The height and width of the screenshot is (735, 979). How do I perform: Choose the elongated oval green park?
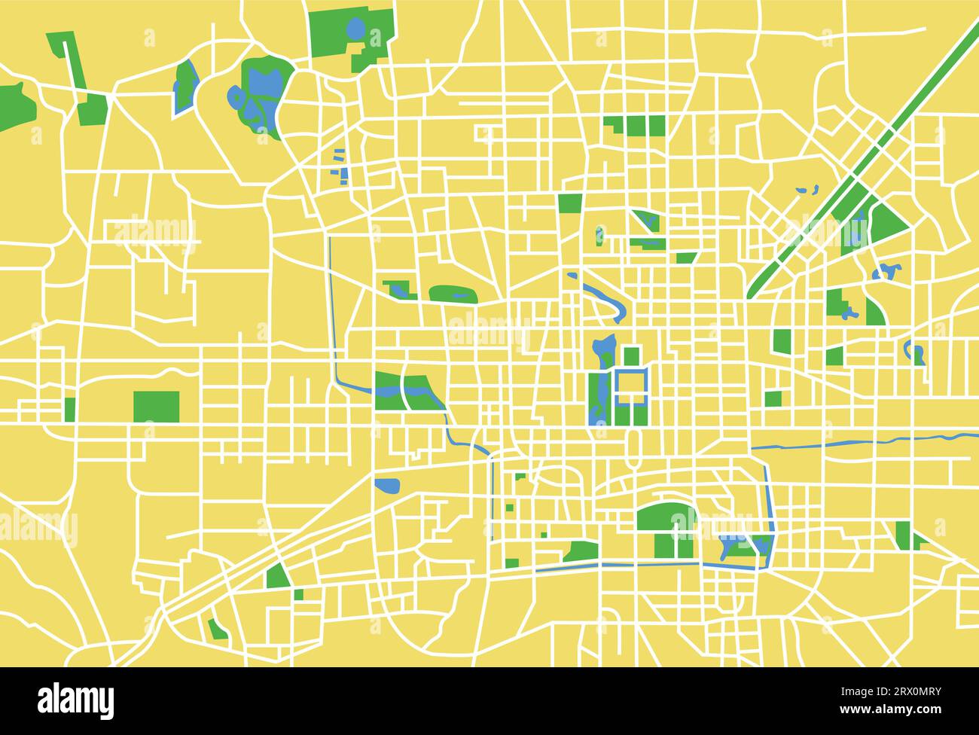pos(453,294)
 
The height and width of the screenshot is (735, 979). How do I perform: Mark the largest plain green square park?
pos(157,407)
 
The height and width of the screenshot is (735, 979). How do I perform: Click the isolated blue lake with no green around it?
pos(387,486)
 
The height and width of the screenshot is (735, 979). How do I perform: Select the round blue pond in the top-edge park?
pos(355,29)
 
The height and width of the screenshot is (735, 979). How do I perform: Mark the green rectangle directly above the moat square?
pos(631,355)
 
